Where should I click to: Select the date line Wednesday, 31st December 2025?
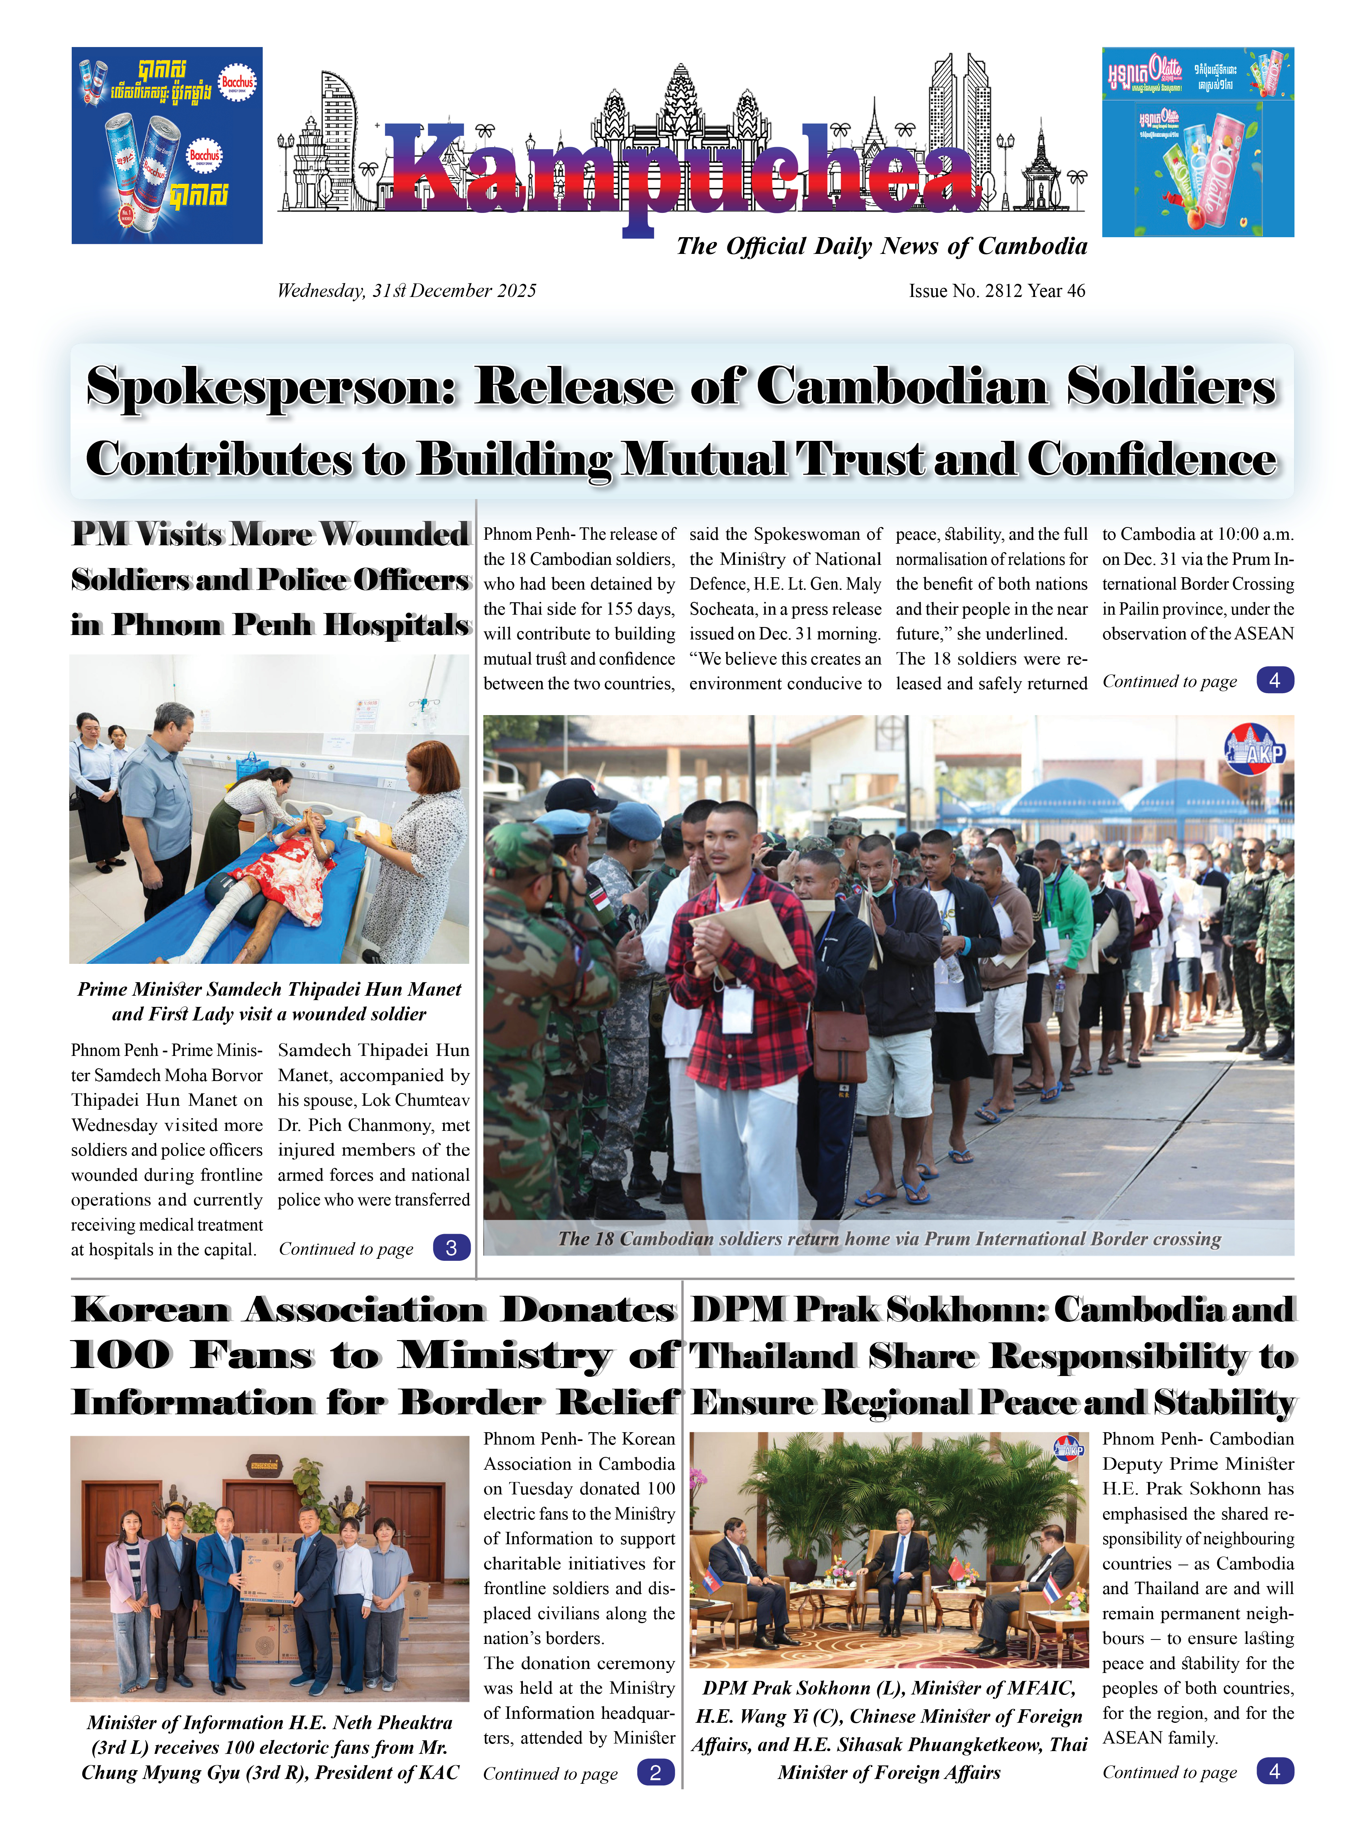click(x=407, y=291)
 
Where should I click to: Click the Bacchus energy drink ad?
click(x=167, y=145)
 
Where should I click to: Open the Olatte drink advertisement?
click(x=1197, y=142)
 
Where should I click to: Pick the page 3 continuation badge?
click(x=451, y=1248)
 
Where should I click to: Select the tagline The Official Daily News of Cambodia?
click(x=881, y=246)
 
